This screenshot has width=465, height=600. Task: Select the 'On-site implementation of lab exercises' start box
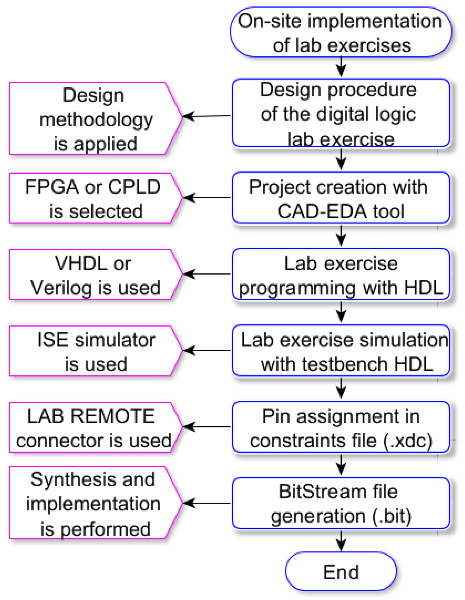(x=341, y=32)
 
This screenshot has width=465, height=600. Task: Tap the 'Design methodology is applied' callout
(x=94, y=119)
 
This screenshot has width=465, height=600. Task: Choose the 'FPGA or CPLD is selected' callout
(x=94, y=198)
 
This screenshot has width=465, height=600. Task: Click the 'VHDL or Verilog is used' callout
(x=94, y=275)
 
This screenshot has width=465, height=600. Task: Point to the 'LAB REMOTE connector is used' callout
(x=94, y=427)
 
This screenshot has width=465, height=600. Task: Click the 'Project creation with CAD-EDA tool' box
(x=341, y=198)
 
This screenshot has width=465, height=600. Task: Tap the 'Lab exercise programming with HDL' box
(x=341, y=275)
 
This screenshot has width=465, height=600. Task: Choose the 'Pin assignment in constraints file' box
(x=341, y=427)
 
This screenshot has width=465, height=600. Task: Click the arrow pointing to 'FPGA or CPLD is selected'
(x=207, y=198)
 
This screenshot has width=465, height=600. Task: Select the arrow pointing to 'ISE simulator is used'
(x=207, y=350)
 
